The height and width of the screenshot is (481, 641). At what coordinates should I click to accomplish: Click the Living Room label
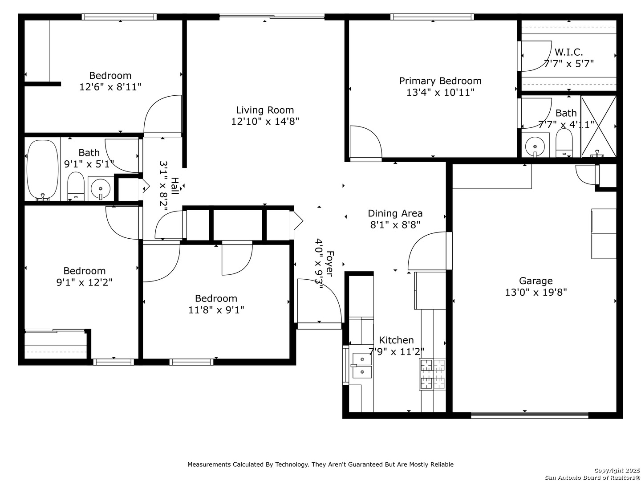coord(265,110)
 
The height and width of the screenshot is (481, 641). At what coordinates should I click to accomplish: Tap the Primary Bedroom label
coord(440,81)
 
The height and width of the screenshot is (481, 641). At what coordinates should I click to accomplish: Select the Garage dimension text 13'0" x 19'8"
coord(536,292)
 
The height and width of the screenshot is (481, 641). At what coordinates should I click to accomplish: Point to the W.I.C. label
coord(568,52)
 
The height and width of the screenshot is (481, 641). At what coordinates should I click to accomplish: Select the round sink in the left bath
coord(101,188)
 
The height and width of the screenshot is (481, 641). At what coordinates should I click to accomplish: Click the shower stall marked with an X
coord(598,126)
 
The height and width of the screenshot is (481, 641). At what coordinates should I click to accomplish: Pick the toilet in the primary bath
coord(564,143)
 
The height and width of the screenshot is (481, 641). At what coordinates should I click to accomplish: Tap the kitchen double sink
coord(362,365)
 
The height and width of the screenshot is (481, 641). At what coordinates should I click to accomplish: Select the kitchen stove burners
coord(432,374)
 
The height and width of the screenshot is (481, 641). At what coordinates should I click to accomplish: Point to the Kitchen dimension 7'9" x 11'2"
coord(396,352)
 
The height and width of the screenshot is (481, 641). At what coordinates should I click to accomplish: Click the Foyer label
coord(330,263)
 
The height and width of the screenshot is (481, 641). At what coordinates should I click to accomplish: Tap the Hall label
coord(174,186)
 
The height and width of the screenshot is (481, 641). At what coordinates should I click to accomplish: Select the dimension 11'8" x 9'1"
coord(216,310)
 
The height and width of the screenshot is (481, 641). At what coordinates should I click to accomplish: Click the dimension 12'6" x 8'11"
coord(110,87)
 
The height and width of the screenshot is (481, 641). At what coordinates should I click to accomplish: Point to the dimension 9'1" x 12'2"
coord(85,282)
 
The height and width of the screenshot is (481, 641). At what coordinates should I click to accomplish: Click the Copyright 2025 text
coord(617,470)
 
